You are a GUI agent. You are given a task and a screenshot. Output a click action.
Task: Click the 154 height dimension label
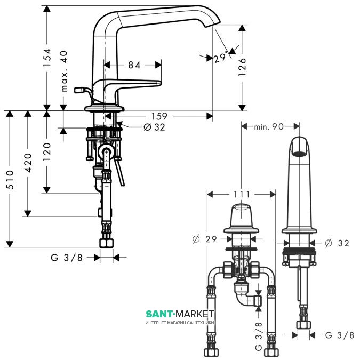[x=47, y=58]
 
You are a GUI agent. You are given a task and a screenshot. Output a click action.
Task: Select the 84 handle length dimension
[x=134, y=65]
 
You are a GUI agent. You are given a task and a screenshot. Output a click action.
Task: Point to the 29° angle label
[x=220, y=58]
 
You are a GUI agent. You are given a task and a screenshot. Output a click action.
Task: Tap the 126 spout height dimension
[x=242, y=67]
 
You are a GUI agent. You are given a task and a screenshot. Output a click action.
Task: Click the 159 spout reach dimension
[x=159, y=116]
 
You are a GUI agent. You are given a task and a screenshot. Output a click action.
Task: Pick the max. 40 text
[x=65, y=71]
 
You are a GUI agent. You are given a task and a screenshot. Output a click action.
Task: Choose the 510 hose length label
[x=10, y=180]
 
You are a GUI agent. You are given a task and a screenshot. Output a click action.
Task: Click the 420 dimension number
[x=28, y=163]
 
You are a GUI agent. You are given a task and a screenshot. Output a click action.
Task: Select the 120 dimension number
[x=47, y=151]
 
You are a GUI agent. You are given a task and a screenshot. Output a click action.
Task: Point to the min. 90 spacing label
[x=269, y=126]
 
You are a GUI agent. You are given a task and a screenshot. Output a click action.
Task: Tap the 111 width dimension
[x=242, y=195]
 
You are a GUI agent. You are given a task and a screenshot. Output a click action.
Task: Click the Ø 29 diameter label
[x=205, y=239]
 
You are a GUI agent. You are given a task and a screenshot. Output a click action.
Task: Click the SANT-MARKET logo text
[x=180, y=314]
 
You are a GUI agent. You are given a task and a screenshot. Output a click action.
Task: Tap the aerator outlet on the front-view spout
[x=299, y=154]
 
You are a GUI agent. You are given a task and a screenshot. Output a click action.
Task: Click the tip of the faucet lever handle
[x=159, y=83]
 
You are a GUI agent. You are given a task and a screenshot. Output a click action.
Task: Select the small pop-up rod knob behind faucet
[x=79, y=90]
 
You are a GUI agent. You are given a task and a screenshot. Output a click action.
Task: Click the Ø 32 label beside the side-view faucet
[x=337, y=243]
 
